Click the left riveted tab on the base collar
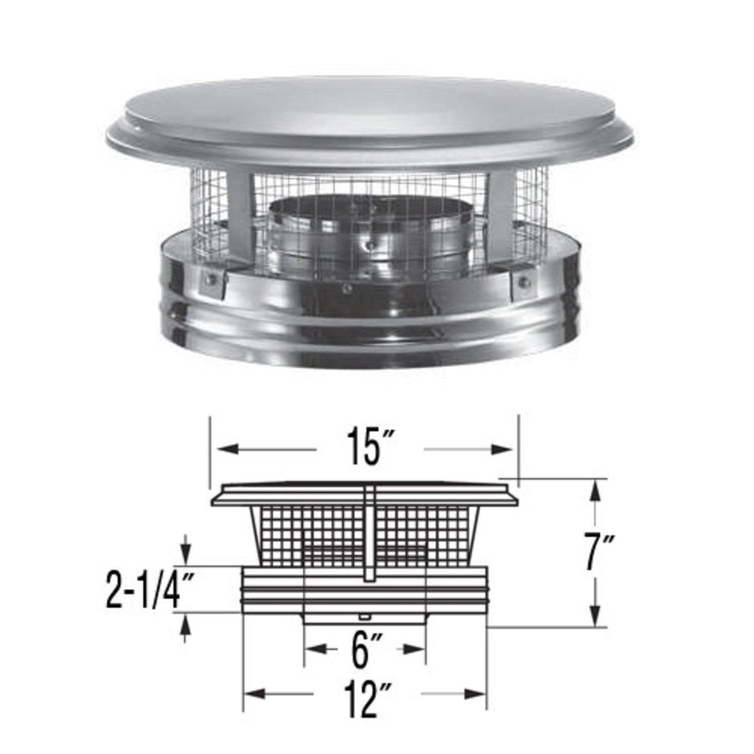pyautogui.click(x=211, y=283)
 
